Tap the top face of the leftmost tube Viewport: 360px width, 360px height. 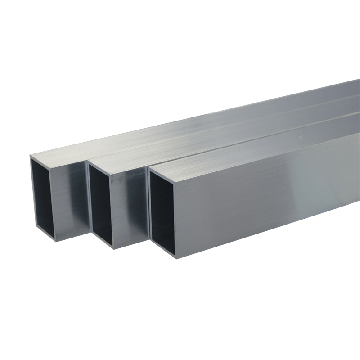(135, 135)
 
